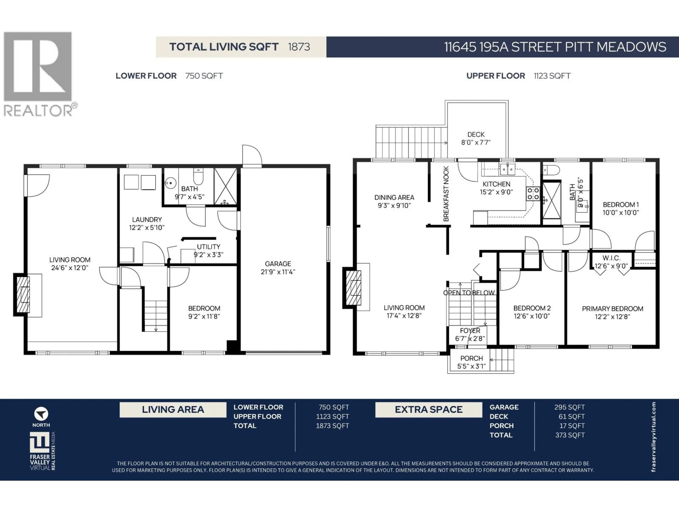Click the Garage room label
(x=278, y=264)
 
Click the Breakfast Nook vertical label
(x=446, y=194)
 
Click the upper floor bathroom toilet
(x=551, y=170)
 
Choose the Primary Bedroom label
(x=612, y=309)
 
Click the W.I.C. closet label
(x=611, y=258)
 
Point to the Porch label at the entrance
(x=471, y=358)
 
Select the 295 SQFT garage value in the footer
(x=569, y=407)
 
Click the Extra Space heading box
(x=428, y=410)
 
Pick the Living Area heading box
(x=173, y=410)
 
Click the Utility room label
(x=208, y=247)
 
